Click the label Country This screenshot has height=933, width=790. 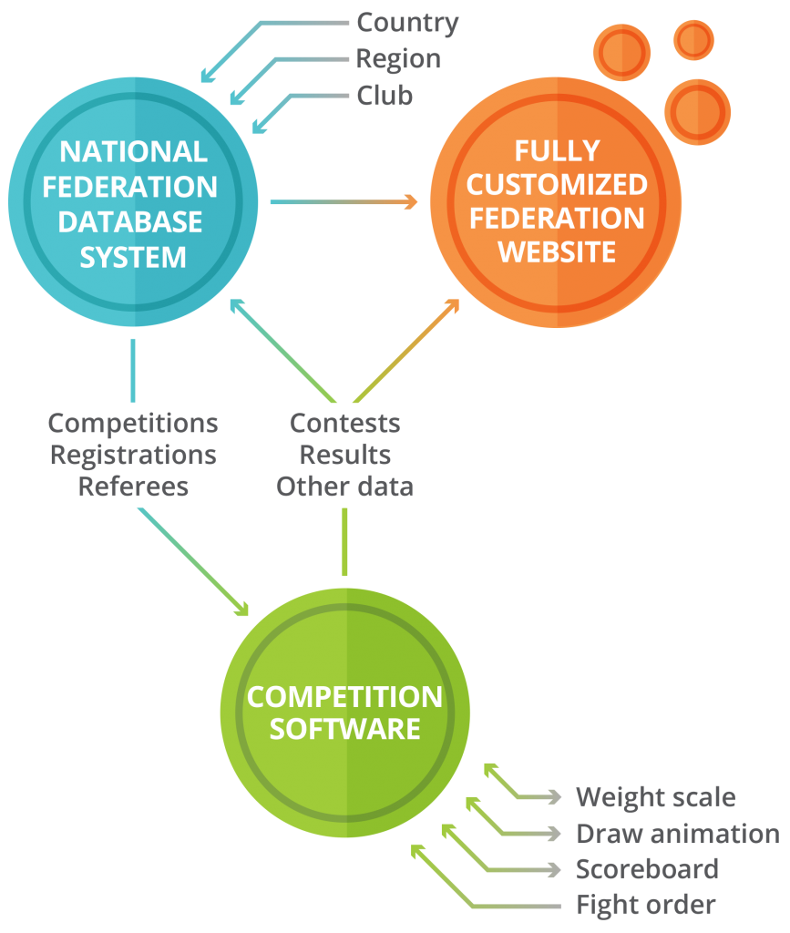[x=407, y=22]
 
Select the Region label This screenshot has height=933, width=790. [x=398, y=59]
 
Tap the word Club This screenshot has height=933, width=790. [x=385, y=96]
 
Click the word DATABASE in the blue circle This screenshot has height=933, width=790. [x=133, y=221]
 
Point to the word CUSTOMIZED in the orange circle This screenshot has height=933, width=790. [x=557, y=185]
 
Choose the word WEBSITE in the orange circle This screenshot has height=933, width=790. [x=557, y=252]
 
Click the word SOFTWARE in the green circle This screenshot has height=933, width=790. [x=344, y=730]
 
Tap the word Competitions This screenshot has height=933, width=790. [x=133, y=424]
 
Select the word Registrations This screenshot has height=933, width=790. [x=133, y=455]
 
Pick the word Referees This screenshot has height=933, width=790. [x=133, y=487]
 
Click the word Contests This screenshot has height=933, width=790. [x=344, y=424]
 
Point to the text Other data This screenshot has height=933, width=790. [x=344, y=487]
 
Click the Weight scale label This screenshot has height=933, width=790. [x=655, y=797]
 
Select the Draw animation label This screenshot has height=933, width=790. [x=678, y=834]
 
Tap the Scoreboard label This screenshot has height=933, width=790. [x=647, y=869]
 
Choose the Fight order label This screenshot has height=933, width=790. [x=646, y=905]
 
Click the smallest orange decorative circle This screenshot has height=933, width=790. [x=693, y=39]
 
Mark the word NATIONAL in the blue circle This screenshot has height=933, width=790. [x=133, y=151]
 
